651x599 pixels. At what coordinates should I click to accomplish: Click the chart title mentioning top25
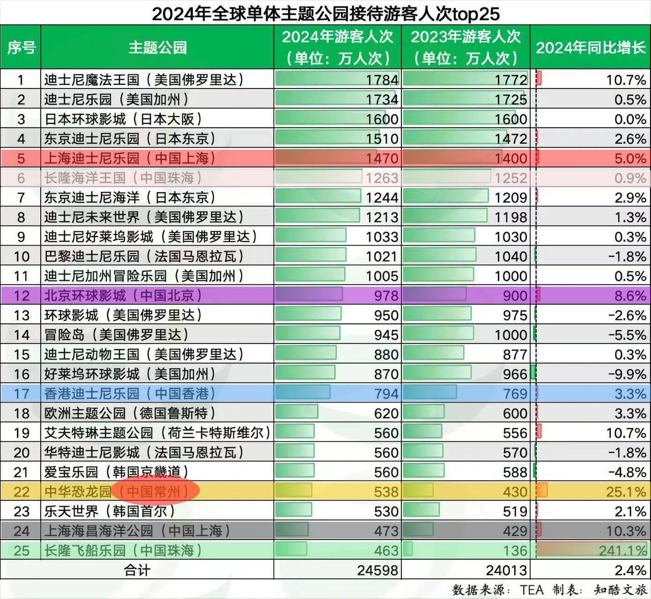click(325, 13)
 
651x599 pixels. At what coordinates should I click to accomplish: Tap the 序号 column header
click(21, 47)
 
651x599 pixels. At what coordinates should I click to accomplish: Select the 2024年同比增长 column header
click(590, 47)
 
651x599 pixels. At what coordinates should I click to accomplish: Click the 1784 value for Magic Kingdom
click(382, 80)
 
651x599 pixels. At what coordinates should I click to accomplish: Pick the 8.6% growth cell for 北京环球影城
click(630, 296)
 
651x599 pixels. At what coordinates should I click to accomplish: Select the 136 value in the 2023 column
click(515, 551)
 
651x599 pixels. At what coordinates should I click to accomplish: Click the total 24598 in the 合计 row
click(377, 570)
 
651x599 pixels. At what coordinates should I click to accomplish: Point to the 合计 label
click(137, 570)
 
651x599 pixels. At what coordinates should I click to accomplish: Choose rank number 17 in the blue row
click(21, 394)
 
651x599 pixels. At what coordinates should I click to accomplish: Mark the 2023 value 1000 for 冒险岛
click(511, 335)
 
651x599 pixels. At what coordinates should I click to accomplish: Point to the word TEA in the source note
click(531, 590)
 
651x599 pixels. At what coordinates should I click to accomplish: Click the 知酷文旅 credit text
click(620, 590)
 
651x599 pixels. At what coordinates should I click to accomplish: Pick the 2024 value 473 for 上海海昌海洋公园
click(386, 531)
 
